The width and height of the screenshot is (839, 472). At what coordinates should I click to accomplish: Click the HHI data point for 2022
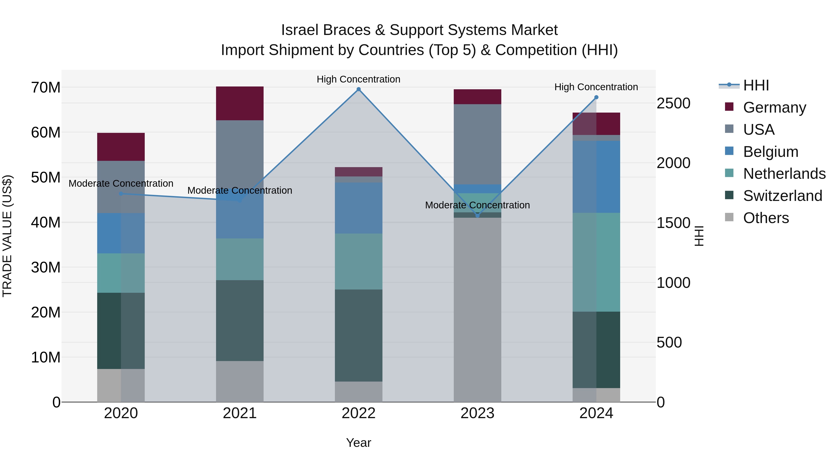pos(359,89)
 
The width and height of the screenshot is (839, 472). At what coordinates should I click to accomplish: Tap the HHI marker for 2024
pos(596,97)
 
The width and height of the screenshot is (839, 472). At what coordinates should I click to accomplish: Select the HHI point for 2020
pos(121,193)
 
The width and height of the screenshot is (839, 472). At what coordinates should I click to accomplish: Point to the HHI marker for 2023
pos(478,215)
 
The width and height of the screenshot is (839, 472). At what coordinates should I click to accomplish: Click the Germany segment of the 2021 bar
pos(240,103)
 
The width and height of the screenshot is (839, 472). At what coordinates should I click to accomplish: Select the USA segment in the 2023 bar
pos(478,144)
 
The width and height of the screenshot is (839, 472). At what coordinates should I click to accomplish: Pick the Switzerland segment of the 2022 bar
pos(359,335)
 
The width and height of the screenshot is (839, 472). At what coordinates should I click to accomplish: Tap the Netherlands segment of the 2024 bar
pos(596,262)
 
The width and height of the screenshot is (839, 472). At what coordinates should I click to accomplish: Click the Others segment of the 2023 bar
pos(478,310)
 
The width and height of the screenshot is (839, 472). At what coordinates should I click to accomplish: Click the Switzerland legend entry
pos(782,196)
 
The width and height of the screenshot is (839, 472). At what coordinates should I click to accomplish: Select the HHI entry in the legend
pos(756,85)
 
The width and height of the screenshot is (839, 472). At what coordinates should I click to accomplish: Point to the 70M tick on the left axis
pos(46,87)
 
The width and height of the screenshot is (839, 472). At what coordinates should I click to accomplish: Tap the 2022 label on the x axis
pos(359,413)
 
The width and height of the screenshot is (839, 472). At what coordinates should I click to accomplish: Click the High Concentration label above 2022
pos(359,79)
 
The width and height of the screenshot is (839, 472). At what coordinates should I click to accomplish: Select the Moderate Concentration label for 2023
pos(478,205)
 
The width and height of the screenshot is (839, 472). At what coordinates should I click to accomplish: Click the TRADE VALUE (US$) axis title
pos(7,236)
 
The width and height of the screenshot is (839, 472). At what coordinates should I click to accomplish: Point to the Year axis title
pos(359,443)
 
